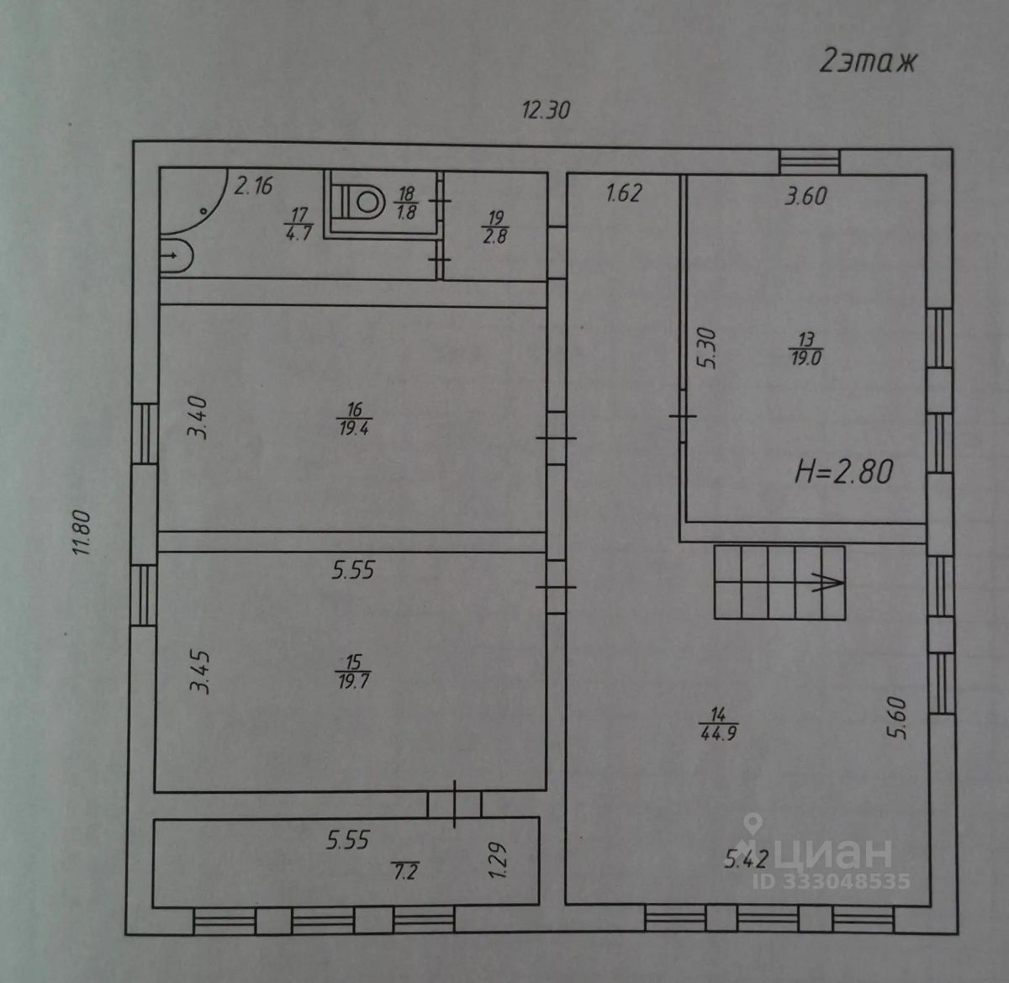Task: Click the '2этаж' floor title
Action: tap(868, 61)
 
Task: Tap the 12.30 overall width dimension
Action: tap(546, 110)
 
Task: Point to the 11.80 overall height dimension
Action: tap(82, 533)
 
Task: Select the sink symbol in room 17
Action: tap(176, 256)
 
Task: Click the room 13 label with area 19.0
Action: tap(806, 349)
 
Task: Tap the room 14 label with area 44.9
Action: tap(718, 725)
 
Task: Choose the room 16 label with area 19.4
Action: tap(354, 419)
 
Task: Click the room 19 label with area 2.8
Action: tap(495, 228)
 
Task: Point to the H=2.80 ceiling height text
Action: tap(844, 472)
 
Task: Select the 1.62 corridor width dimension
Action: tap(624, 193)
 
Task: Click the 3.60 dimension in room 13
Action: tap(806, 197)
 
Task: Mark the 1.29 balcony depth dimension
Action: tap(497, 860)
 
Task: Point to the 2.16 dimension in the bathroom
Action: tap(253, 186)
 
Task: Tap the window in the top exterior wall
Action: tap(810, 161)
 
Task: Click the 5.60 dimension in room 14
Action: tap(900, 718)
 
